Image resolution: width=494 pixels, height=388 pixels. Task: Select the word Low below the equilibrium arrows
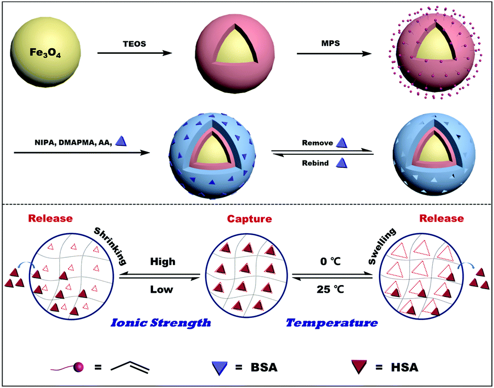coord(161,289)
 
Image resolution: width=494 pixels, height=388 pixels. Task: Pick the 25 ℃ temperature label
coord(334,289)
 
